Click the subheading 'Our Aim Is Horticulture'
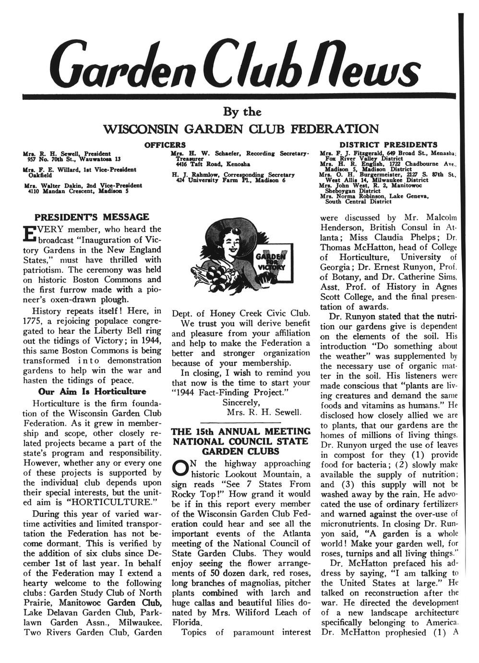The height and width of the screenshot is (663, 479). [x=92, y=392]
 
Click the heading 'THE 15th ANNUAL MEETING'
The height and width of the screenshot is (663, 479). [x=241, y=431]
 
